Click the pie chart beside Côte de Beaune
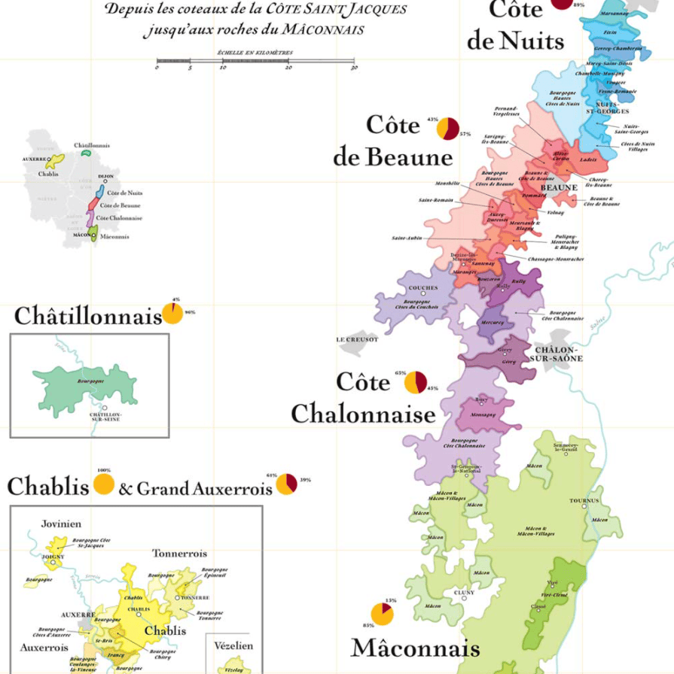[447, 129]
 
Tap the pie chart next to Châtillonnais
[172, 313]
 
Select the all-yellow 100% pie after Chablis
[104, 484]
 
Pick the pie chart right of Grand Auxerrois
[286, 484]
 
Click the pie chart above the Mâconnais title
[383, 614]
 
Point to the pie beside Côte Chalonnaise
[416, 382]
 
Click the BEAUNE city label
[560, 187]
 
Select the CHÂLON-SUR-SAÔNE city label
[558, 354]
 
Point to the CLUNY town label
[464, 592]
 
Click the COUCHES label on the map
[422, 287]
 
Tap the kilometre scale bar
[255, 60]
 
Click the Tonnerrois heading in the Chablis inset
[179, 553]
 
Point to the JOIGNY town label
[53, 557]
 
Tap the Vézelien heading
[233, 645]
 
